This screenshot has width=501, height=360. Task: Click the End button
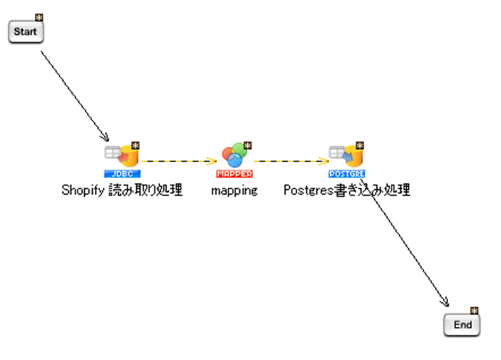point(462,325)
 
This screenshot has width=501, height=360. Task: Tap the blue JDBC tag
point(122,174)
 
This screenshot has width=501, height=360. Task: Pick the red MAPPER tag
point(234,174)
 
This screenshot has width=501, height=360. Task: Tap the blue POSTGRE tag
point(347,174)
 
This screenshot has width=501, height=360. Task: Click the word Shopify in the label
point(82,191)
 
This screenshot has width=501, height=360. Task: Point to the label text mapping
point(234,191)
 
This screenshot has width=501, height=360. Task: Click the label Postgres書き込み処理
point(347,191)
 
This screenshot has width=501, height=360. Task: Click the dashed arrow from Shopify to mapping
point(178,161)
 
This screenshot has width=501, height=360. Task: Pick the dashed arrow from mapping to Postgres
point(290,161)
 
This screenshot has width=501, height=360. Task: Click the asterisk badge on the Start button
point(39,17)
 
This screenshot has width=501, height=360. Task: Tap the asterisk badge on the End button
point(475,311)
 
